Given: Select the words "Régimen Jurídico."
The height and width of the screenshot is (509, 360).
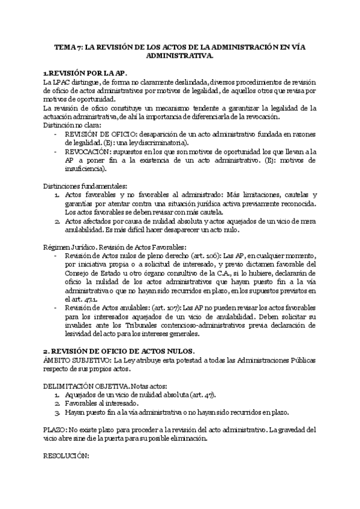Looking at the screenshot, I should tap(70, 247).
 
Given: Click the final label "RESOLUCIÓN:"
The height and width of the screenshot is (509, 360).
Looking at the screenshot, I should tap(66, 456).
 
